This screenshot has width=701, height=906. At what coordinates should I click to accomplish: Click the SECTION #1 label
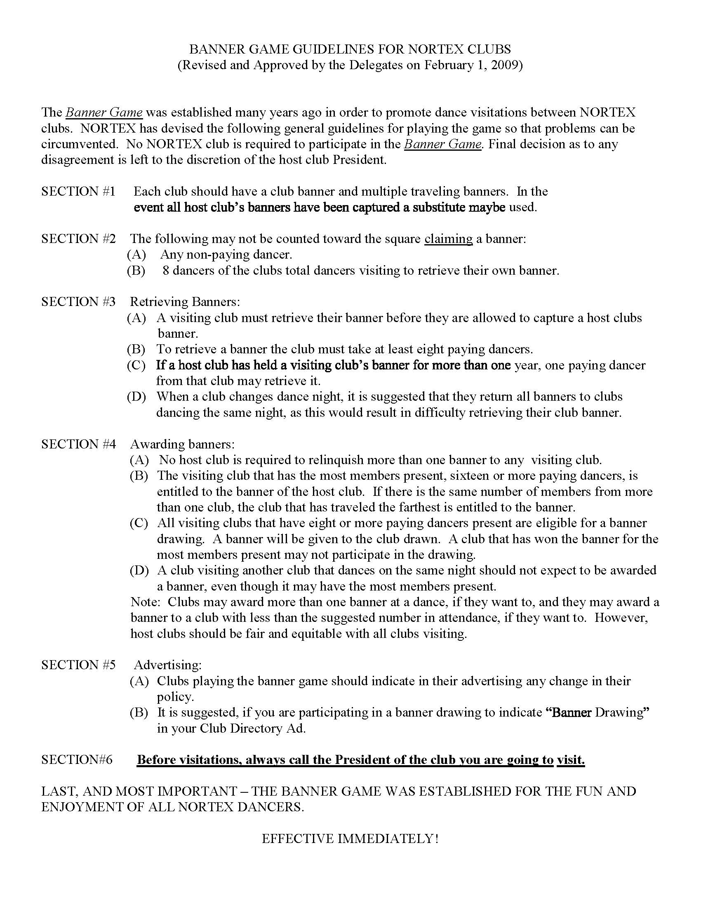pyautogui.click(x=78, y=191)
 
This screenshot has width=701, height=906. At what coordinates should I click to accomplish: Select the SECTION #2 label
pyautogui.click(x=78, y=238)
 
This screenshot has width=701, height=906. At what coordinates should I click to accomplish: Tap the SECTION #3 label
pyautogui.click(x=78, y=301)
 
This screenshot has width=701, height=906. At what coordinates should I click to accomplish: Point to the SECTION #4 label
pyautogui.click(x=78, y=444)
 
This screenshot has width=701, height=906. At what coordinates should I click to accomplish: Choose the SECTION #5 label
pyautogui.click(x=78, y=665)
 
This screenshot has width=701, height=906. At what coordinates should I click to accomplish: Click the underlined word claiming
pyautogui.click(x=448, y=238)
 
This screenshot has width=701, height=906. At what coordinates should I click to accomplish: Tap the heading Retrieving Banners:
pyautogui.click(x=185, y=301)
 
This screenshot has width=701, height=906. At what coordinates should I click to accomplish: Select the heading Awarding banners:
pyautogui.click(x=182, y=444)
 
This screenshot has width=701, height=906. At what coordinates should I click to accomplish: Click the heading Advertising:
pyautogui.click(x=168, y=665)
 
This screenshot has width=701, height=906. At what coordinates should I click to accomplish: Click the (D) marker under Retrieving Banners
pyautogui.click(x=136, y=396)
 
